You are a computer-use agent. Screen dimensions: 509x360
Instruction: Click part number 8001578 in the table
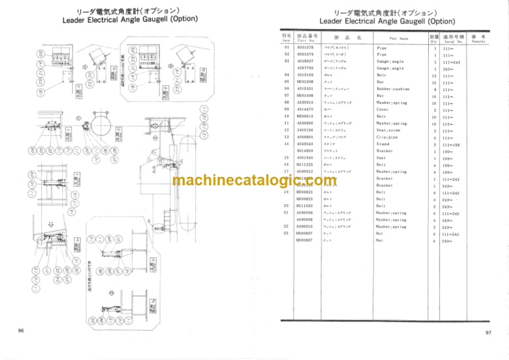306,48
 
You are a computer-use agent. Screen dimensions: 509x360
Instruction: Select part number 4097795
306,68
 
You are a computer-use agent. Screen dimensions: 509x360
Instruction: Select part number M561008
306,95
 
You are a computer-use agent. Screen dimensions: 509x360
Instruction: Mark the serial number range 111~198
455,144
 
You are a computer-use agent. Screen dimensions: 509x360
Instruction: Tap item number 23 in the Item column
286,233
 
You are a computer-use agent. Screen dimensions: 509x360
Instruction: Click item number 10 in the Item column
286,116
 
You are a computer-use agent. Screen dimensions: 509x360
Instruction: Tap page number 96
22,330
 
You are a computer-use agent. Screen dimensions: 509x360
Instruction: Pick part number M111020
306,206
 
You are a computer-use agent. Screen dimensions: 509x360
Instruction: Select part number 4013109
306,75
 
